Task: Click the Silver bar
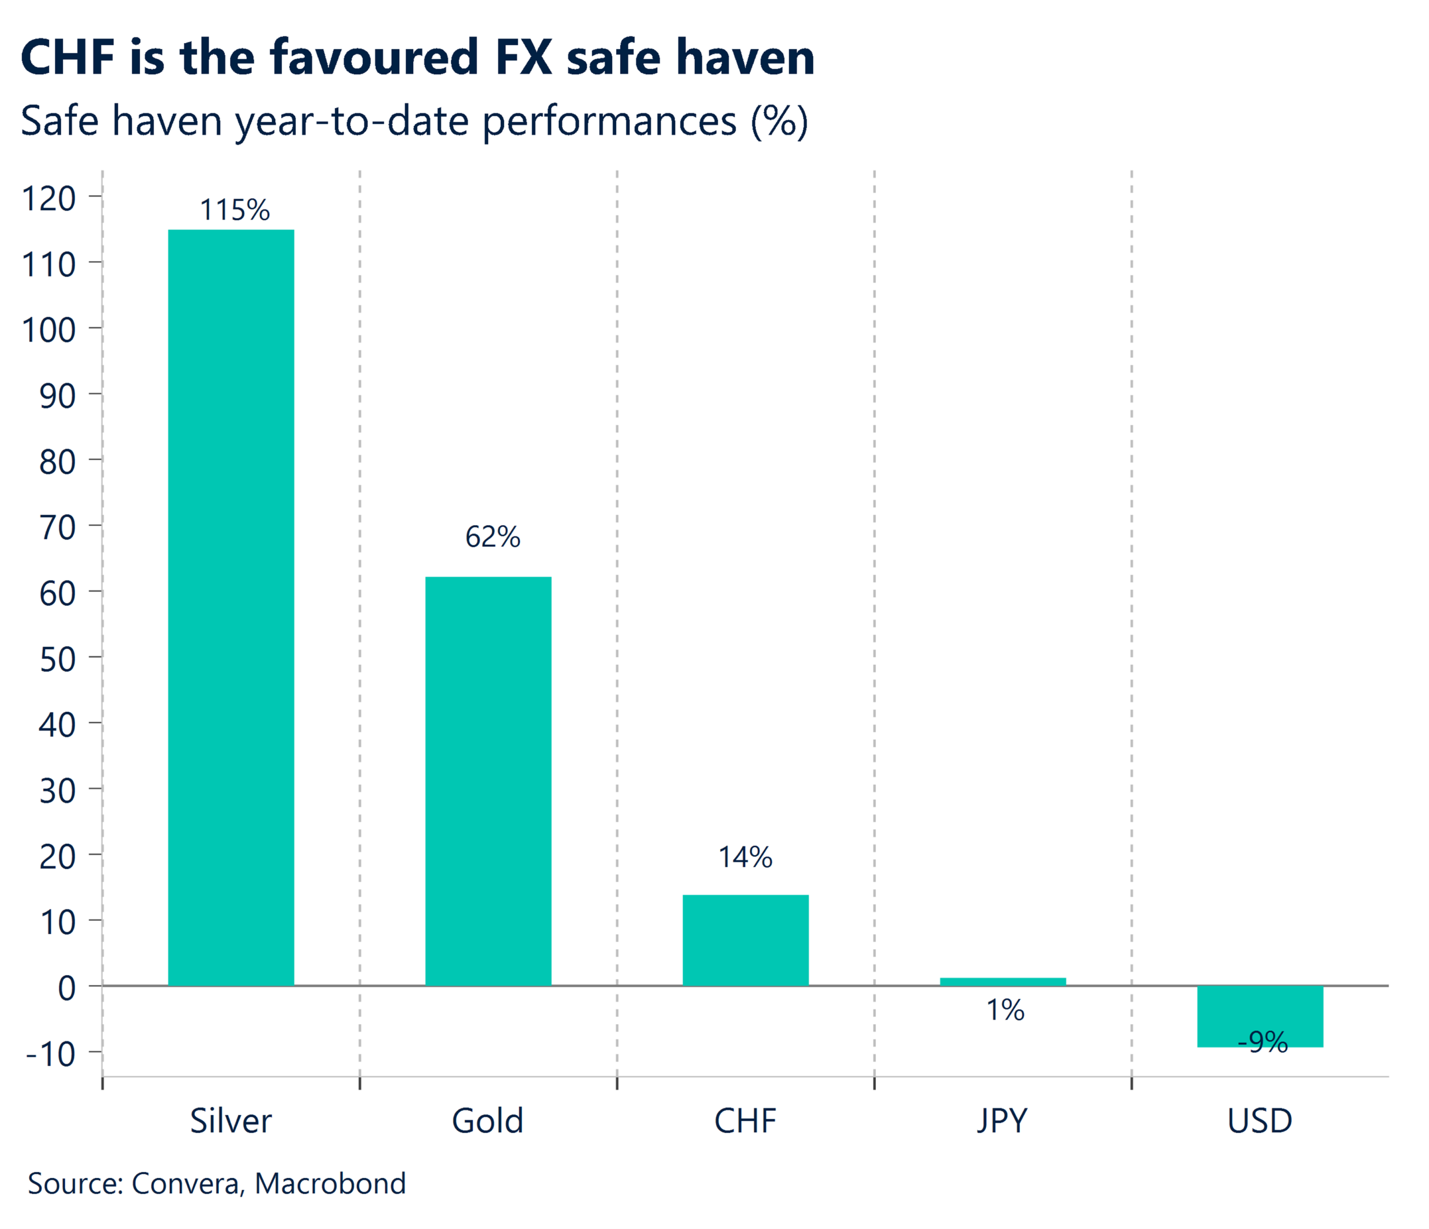point(231,607)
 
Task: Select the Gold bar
point(488,781)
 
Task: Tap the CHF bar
point(746,940)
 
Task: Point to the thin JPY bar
point(1003,981)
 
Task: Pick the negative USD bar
point(1260,1015)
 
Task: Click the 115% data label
point(234,210)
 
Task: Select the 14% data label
point(746,857)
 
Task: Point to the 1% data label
point(1005,1010)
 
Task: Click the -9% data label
point(1262,1042)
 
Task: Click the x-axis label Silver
point(231,1121)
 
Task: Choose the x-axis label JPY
point(1002,1121)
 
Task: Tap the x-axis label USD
point(1259,1121)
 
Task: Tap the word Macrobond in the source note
point(330,1183)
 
